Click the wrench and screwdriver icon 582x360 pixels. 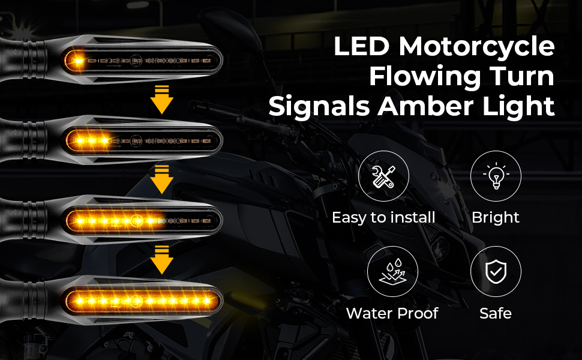[x=383, y=175]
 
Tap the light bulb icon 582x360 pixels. [x=496, y=175]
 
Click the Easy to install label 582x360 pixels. [x=383, y=217]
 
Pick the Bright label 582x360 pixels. [x=496, y=217]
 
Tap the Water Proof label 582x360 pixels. [x=392, y=313]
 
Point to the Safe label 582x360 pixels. [x=496, y=313]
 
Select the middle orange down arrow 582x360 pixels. [x=161, y=179]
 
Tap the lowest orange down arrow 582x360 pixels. [x=161, y=259]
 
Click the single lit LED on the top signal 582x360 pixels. [x=78, y=60]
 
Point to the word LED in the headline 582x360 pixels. [x=358, y=47]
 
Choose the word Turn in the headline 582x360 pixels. [x=520, y=77]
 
